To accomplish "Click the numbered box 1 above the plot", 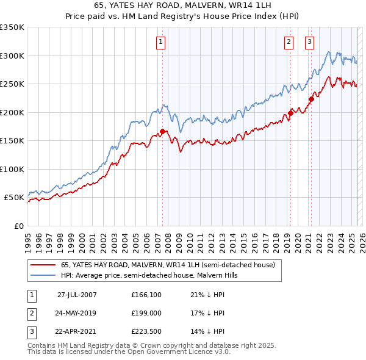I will [160, 42].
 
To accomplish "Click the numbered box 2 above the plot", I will [288, 42].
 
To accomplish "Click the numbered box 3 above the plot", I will [309, 42].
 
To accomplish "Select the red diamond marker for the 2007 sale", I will [163, 131].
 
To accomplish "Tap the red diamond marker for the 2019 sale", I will [291, 112].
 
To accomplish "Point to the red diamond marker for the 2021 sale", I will [311, 99].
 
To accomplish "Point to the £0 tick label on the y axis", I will [18, 226].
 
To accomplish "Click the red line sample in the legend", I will [43, 265].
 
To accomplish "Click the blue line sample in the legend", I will [43, 276].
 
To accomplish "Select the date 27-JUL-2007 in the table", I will [77, 295].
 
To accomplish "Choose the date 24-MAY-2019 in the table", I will [77, 313].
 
